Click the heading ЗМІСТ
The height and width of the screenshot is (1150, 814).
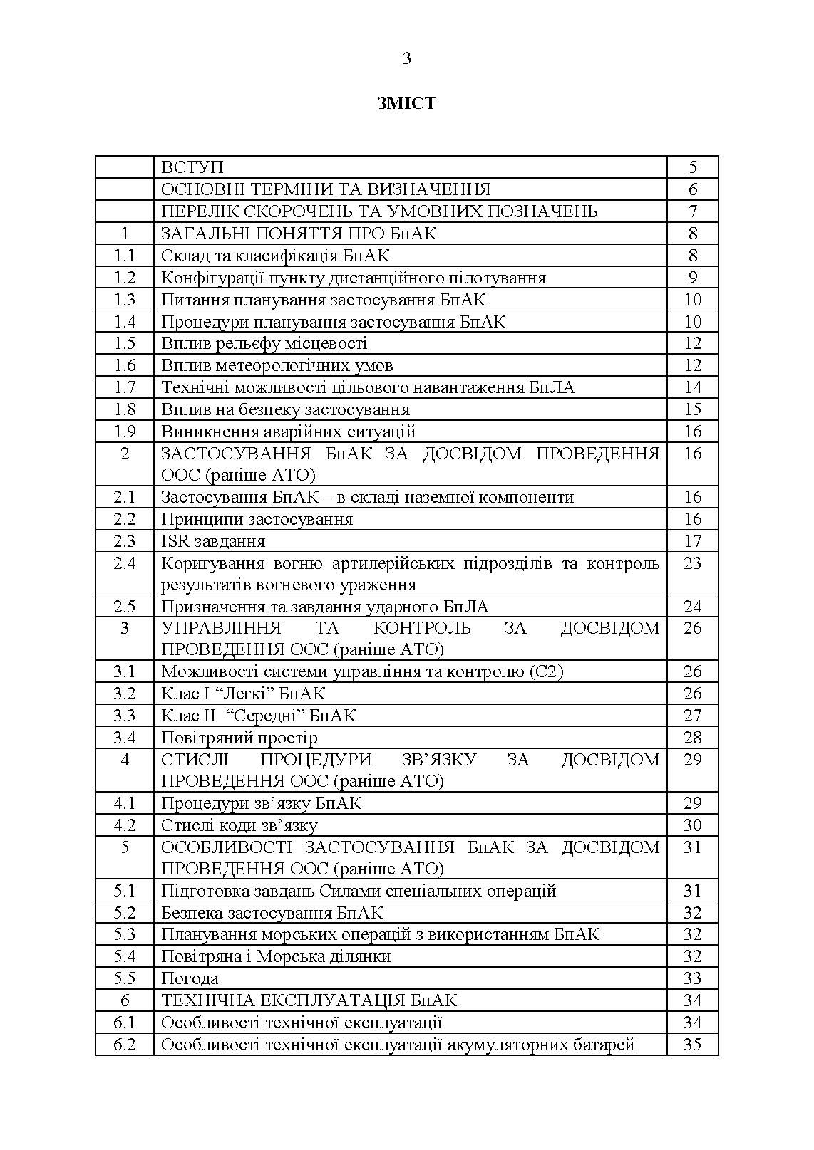[x=406, y=103]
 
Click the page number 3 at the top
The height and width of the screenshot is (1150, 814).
[x=406, y=59]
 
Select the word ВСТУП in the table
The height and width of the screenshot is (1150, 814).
[x=192, y=167]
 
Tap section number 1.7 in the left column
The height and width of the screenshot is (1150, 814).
[x=125, y=387]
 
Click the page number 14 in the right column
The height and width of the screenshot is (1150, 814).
[x=692, y=387]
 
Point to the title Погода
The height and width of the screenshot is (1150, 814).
[x=190, y=978]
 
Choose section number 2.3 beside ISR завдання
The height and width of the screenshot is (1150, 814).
[x=125, y=541]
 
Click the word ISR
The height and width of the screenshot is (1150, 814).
[x=174, y=541]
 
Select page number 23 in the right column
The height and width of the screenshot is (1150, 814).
[x=692, y=563]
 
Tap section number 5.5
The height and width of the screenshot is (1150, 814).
[x=125, y=978]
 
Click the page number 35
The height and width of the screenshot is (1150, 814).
[x=692, y=1045]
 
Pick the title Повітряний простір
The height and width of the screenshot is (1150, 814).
[x=239, y=738]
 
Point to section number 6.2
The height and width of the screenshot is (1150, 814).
[x=125, y=1045]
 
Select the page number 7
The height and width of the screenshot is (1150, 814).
[x=692, y=211]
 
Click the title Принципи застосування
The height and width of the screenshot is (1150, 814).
[x=257, y=519]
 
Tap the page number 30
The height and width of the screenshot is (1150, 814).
[x=692, y=825]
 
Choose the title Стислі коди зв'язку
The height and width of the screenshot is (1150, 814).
[x=239, y=825]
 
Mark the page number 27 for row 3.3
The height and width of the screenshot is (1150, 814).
[x=692, y=716]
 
